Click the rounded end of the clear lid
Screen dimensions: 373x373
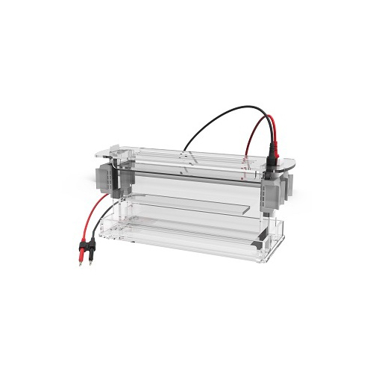288,163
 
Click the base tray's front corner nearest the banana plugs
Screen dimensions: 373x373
105,231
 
